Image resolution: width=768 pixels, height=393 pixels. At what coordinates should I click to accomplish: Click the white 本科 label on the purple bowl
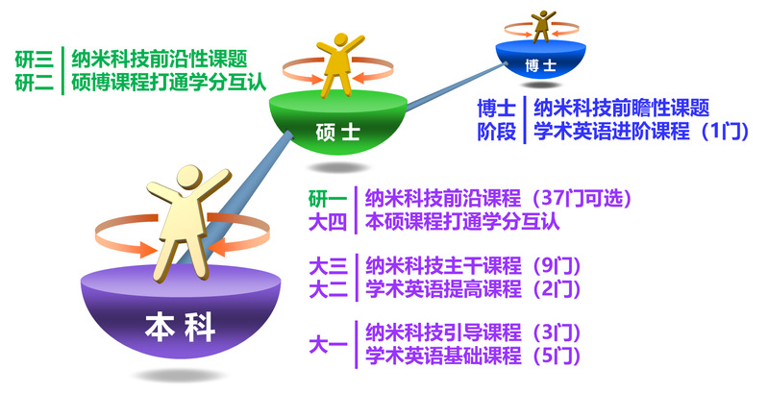click(180, 327)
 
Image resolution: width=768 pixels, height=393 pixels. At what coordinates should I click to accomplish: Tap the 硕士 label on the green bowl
click(338, 133)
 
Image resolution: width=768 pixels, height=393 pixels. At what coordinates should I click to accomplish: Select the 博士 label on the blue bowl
click(541, 65)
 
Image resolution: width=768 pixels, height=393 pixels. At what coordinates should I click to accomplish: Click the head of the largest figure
click(189, 179)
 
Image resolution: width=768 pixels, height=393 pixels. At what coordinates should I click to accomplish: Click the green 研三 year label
click(34, 60)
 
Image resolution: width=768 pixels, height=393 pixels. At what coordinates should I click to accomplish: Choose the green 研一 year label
click(328, 199)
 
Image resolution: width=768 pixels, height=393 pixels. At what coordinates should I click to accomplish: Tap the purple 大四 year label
click(328, 222)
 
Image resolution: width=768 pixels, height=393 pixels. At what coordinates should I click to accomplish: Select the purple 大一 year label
click(328, 345)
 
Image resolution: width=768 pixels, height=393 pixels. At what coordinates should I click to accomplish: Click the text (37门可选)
click(577, 198)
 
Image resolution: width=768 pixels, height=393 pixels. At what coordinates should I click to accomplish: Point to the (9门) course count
click(552, 266)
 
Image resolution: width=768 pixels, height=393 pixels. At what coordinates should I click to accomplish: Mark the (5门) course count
click(552, 356)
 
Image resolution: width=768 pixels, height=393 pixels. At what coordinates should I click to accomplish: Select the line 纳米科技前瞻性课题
click(622, 108)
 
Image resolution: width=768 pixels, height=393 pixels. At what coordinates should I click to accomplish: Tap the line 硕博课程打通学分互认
click(169, 82)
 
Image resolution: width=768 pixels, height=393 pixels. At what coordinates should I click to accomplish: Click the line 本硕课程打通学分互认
click(462, 222)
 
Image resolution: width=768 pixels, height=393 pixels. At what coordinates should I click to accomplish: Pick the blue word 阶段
click(497, 132)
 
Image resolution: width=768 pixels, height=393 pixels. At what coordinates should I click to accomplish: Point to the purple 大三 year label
click(328, 266)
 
